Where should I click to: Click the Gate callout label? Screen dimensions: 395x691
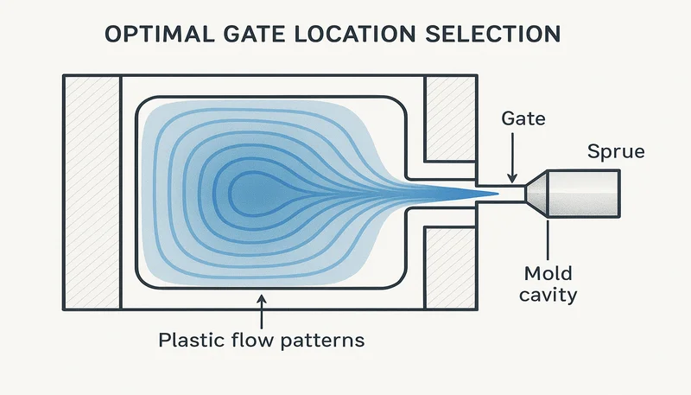click(x=523, y=119)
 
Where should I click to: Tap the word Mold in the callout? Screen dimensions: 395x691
click(x=548, y=275)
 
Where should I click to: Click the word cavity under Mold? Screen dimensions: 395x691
click(x=549, y=296)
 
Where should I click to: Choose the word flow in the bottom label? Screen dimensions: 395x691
click(x=257, y=340)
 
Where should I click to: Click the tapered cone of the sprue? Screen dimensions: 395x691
click(x=537, y=192)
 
